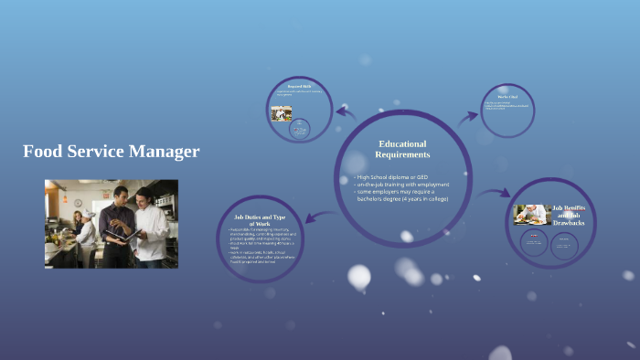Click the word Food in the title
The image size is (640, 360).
[x=42, y=152]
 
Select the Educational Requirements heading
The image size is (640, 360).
[x=402, y=149]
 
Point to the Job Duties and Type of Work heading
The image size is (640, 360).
[x=254, y=220]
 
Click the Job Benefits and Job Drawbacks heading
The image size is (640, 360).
[x=568, y=216]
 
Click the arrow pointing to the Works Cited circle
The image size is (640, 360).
[x=468, y=116]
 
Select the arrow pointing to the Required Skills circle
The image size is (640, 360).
[x=346, y=112]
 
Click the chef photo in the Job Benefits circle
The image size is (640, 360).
[x=530, y=214]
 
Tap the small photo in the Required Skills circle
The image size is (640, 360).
[x=282, y=113]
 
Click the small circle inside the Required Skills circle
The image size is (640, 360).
[x=299, y=130]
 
